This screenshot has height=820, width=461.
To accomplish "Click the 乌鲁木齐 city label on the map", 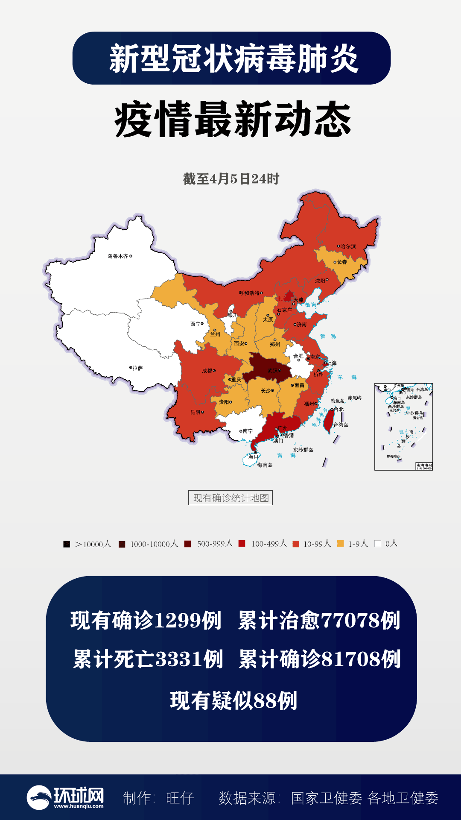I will [118, 256].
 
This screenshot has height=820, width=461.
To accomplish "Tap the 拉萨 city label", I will [137, 368].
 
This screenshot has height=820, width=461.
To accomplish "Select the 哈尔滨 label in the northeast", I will [348, 246].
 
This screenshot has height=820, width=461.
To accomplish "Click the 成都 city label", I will [207, 371].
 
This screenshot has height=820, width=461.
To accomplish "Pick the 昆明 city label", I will [195, 413].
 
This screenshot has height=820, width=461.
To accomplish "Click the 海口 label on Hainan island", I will [253, 457].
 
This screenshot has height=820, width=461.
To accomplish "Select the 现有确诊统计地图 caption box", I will [230, 498].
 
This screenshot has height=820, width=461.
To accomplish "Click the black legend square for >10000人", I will [67, 544].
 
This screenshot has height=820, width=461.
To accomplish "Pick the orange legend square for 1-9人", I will [341, 544].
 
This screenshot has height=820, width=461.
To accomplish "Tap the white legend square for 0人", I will [378, 544].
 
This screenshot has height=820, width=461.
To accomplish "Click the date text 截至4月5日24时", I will [231, 179].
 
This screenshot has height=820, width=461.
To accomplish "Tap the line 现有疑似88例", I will [233, 701].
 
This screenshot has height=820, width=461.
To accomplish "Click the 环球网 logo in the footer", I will [65, 797].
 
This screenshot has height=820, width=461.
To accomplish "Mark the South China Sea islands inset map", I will [403, 427].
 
